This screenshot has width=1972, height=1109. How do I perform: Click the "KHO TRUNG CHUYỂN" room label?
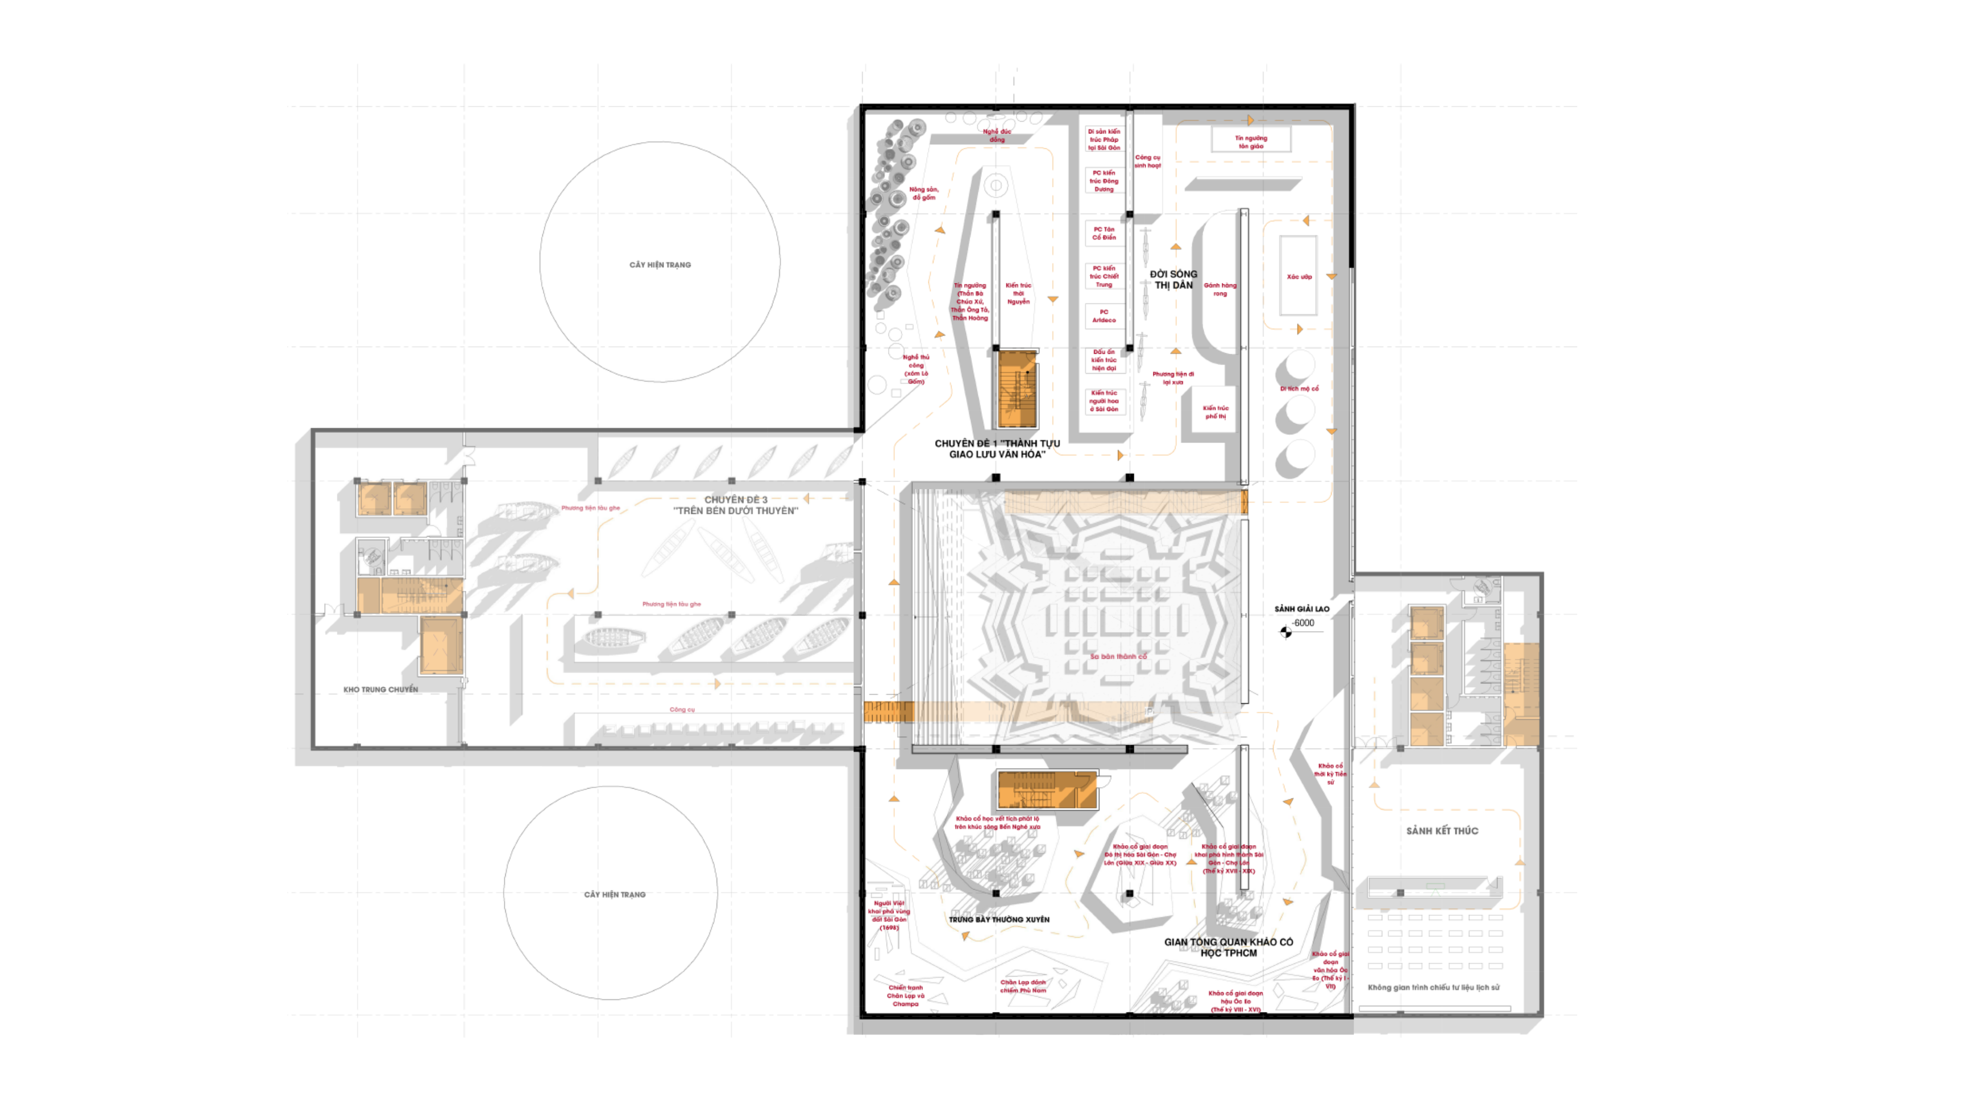click(381, 690)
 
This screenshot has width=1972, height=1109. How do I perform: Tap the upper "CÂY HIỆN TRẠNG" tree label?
click(660, 265)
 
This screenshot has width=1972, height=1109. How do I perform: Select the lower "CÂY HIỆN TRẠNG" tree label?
click(615, 895)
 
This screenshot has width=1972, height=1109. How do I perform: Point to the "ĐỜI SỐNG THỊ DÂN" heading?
click(1173, 279)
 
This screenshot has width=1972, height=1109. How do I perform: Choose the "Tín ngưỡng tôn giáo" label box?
click(1251, 142)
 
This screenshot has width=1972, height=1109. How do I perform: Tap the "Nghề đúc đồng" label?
click(997, 136)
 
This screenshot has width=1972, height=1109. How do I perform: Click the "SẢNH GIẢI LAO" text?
click(1301, 609)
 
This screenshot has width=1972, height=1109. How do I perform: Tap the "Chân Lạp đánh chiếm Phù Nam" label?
click(1023, 986)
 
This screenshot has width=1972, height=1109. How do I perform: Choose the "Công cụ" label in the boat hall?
click(682, 710)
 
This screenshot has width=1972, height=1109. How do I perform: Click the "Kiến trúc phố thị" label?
click(1215, 412)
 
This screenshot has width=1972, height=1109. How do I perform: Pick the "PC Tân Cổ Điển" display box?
click(1104, 234)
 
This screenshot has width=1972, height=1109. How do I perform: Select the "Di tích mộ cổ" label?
click(1299, 389)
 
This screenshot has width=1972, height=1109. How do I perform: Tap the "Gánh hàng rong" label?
click(1220, 289)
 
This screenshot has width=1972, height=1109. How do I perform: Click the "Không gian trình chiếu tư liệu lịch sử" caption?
click(1433, 987)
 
